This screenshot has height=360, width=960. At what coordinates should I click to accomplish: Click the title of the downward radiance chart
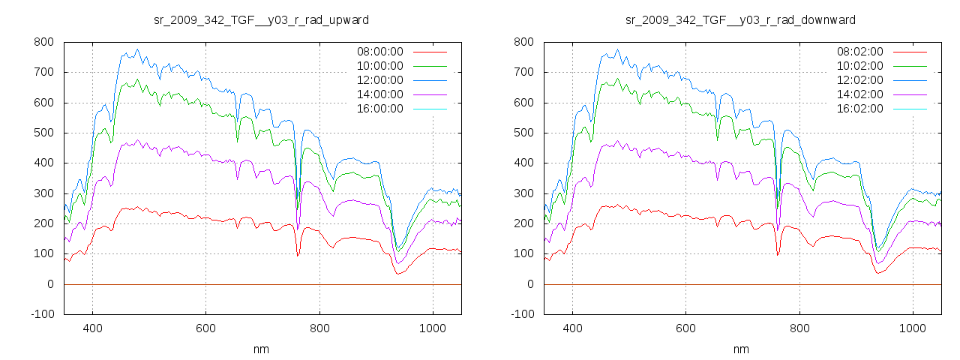[741, 19]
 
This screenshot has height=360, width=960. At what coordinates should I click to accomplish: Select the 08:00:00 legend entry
[379, 52]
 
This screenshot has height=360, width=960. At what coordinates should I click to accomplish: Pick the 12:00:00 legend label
[379, 80]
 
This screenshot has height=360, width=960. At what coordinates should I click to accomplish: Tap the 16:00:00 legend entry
[379, 109]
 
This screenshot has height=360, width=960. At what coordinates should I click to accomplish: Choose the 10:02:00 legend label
[859, 66]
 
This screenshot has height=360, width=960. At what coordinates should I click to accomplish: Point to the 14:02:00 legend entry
[859, 94]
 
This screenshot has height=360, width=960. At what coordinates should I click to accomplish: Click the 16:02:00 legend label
[859, 109]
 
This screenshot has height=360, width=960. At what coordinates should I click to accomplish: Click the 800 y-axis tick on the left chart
[43, 43]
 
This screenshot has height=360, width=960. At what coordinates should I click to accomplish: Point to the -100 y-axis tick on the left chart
[42, 314]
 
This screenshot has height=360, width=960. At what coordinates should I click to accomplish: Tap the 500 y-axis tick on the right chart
[523, 133]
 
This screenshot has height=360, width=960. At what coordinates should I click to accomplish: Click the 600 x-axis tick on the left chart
[206, 328]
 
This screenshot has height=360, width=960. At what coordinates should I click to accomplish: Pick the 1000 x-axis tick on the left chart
[433, 328]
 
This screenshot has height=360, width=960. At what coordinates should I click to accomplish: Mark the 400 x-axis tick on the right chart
[572, 328]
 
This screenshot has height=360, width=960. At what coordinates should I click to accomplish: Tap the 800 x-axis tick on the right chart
[799, 328]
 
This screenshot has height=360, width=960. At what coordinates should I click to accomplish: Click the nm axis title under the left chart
[261, 349]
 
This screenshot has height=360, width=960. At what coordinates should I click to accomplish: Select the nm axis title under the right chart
[741, 349]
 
